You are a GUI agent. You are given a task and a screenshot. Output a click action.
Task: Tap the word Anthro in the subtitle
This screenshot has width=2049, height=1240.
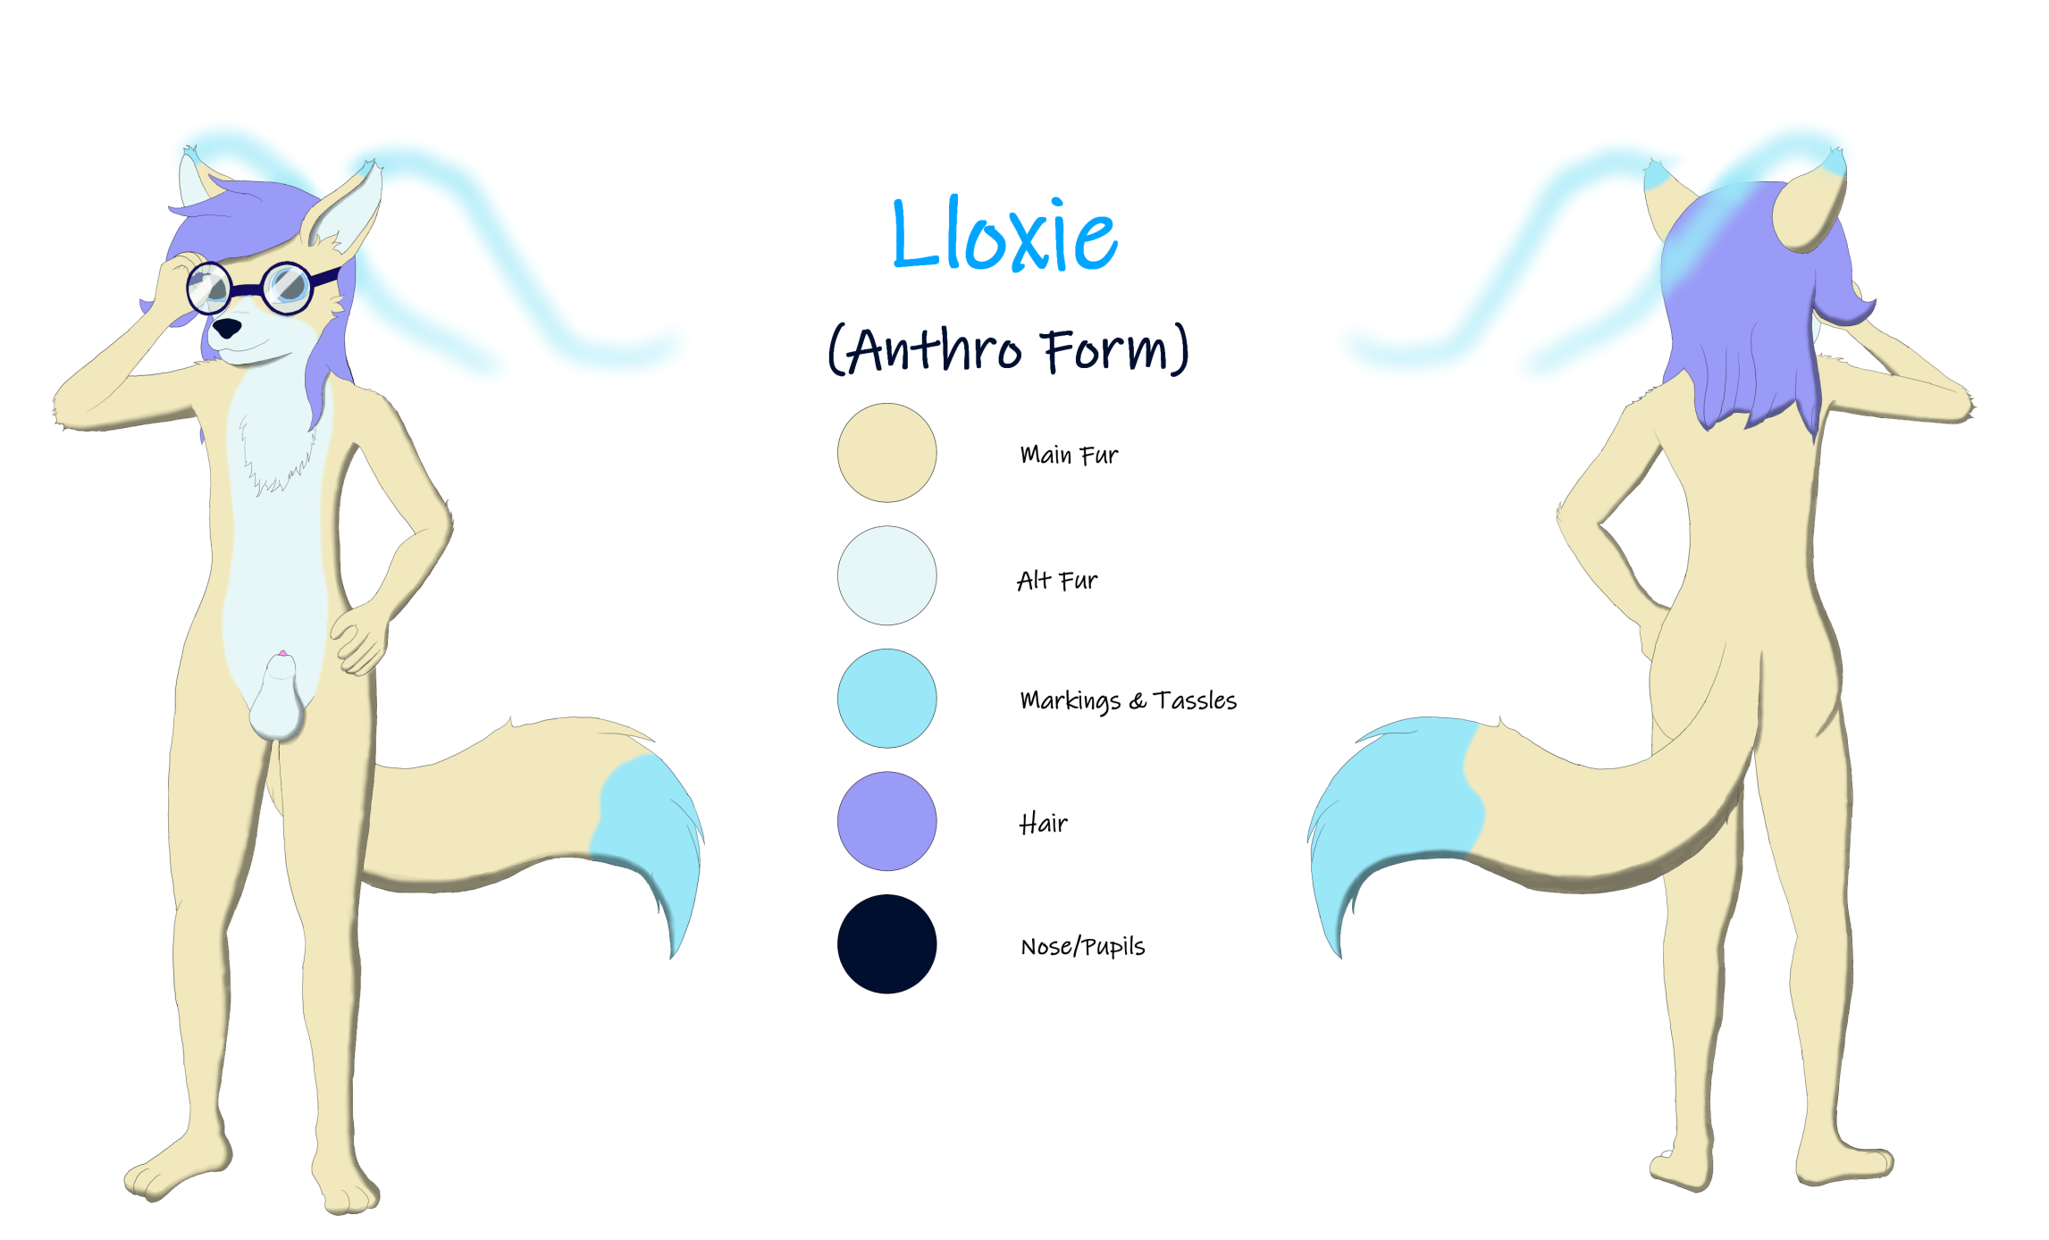tap(934, 348)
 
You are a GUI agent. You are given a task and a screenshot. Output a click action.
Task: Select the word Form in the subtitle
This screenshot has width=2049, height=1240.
tap(1106, 348)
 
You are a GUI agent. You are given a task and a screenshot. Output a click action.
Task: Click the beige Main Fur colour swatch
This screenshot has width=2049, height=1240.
tap(886, 452)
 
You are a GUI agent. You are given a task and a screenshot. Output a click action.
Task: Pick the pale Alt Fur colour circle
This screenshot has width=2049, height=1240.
tap(886, 575)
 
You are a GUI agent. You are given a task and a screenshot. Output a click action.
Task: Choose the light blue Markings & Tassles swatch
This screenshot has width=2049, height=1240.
tap(886, 698)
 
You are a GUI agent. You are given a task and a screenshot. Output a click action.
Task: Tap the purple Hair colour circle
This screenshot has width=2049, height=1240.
tap(886, 821)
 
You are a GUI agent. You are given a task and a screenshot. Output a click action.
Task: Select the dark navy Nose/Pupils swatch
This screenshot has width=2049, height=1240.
tap(886, 943)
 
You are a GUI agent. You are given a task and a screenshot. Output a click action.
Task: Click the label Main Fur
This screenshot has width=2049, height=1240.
tap(1069, 455)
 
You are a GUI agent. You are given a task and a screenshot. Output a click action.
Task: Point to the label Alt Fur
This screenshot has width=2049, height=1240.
tap(1057, 581)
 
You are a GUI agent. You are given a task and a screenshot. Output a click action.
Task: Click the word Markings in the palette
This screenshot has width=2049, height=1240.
tap(1070, 701)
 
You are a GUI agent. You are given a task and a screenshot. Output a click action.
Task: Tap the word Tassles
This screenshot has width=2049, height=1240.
tap(1195, 700)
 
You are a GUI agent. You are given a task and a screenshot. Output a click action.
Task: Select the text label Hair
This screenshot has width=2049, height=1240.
tap(1043, 822)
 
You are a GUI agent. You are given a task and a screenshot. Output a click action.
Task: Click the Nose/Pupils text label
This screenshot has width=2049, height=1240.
tap(1082, 946)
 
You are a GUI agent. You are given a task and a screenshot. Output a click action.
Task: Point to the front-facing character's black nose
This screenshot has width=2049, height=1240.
tap(226, 328)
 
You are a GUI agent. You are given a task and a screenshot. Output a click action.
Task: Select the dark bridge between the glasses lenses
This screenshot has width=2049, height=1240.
tap(245, 289)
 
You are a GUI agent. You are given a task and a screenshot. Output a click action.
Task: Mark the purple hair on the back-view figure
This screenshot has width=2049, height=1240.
tap(1742, 304)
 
